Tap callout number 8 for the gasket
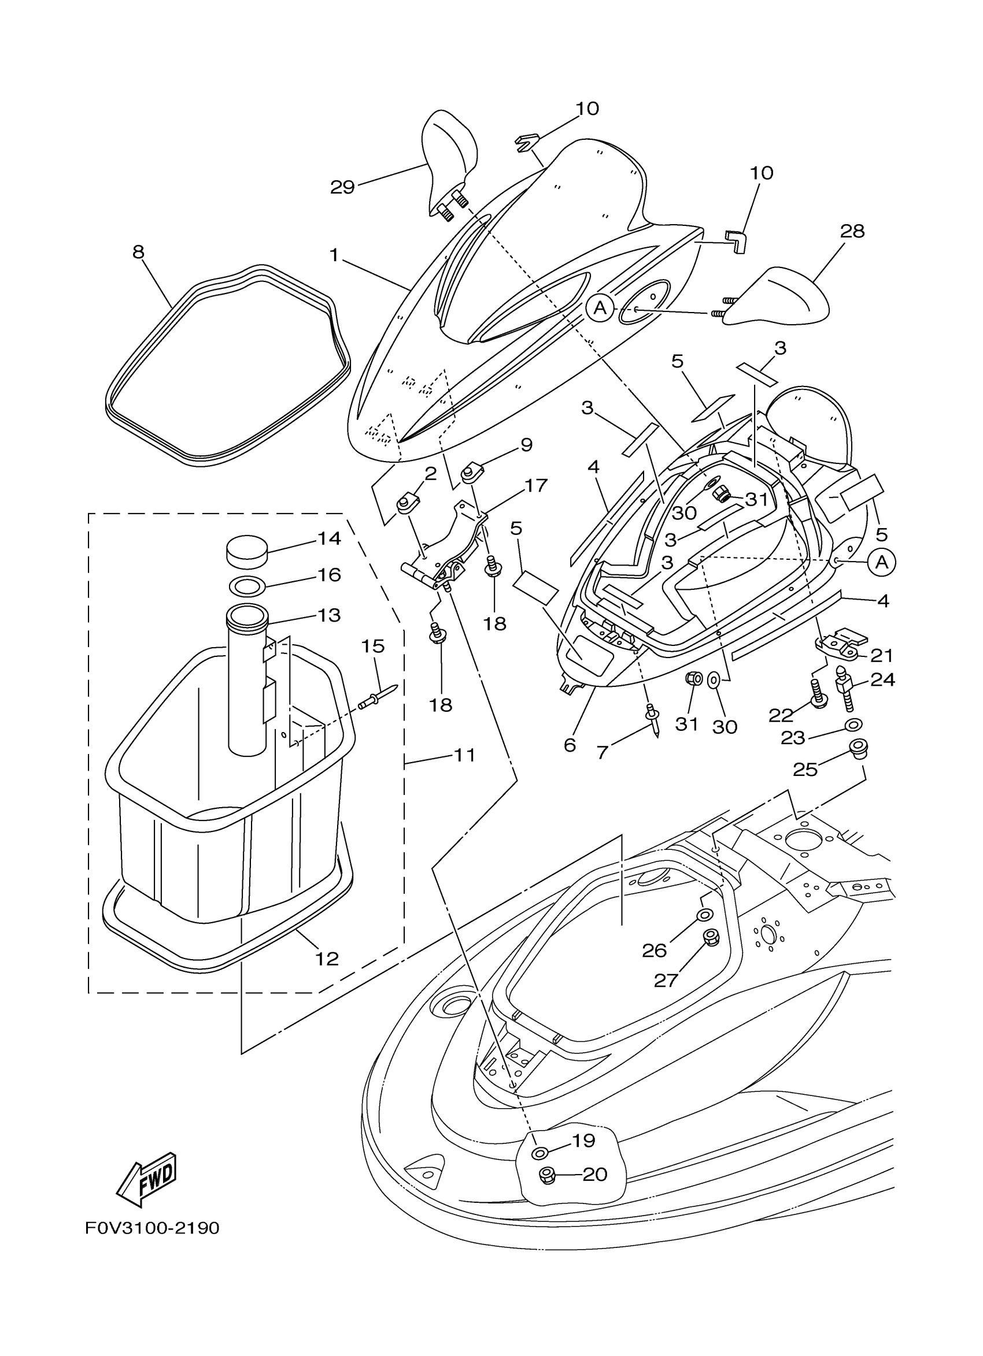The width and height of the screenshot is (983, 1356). point(138,252)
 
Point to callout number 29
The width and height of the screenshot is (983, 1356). point(342,187)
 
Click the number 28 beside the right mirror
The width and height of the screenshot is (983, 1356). point(852,231)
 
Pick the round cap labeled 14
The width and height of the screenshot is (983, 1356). point(246,550)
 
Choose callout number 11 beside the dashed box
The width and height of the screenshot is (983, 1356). point(464,755)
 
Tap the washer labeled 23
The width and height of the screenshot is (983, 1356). point(853,725)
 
